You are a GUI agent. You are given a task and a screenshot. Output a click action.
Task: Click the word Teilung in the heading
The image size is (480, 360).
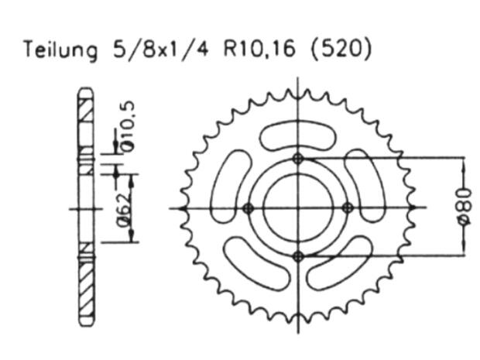59,50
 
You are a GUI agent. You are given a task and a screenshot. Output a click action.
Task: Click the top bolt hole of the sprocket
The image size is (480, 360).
298,159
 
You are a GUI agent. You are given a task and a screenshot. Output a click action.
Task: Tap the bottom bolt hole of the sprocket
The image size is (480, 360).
298,256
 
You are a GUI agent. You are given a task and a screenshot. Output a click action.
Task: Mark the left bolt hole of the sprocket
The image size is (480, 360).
249,207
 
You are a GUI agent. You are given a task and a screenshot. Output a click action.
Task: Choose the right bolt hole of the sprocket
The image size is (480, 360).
348,207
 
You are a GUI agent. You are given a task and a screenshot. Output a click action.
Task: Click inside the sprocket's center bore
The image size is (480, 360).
298,207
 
